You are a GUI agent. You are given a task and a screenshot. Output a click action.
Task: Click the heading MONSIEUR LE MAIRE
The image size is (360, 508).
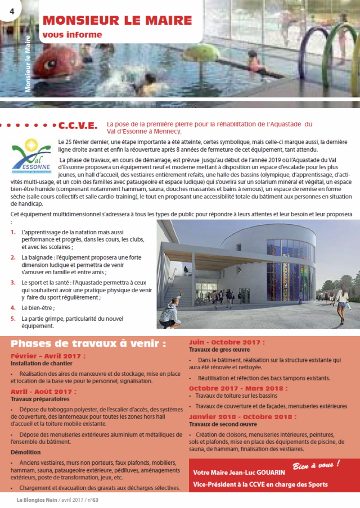[117, 21]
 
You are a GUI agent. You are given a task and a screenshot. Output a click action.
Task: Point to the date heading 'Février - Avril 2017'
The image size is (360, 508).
[48, 356]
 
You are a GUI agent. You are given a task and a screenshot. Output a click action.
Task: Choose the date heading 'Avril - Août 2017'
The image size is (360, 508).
[43, 391]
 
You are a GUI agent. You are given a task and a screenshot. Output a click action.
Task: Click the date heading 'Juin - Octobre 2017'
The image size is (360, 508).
[219, 342]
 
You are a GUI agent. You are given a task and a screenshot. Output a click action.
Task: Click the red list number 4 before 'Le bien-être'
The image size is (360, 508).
[13, 308]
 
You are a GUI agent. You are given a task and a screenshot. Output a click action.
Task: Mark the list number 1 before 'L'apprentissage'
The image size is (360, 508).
[13, 232]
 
